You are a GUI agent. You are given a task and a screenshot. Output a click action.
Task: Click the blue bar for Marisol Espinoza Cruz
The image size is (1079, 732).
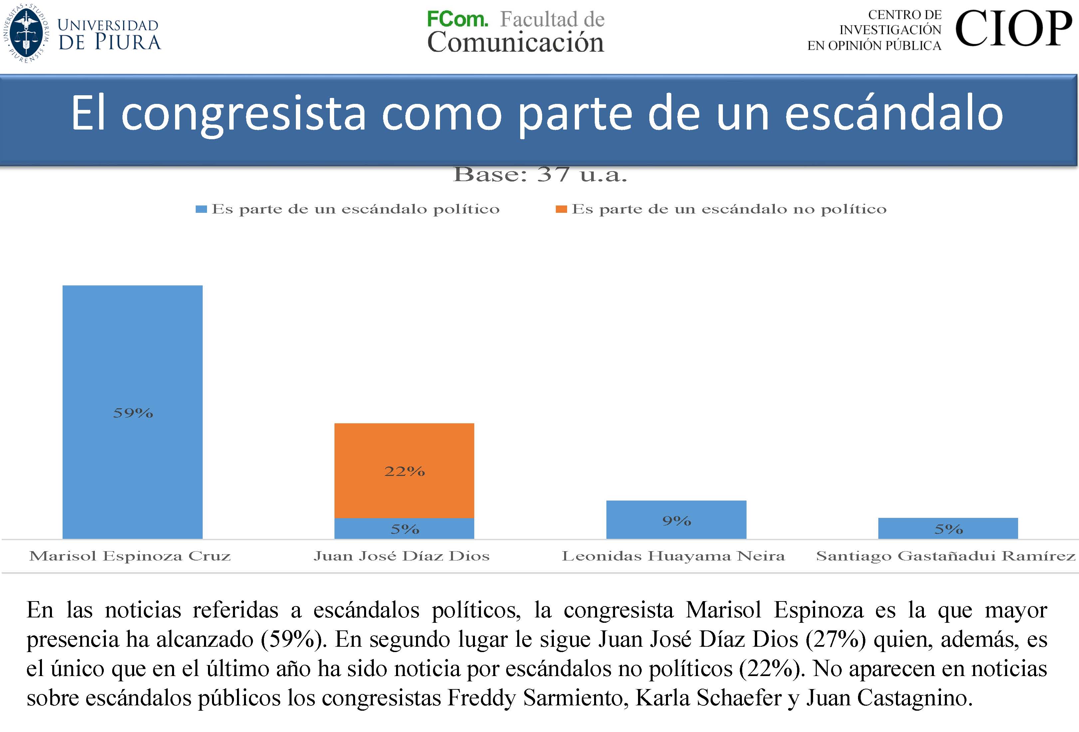click(x=132, y=353)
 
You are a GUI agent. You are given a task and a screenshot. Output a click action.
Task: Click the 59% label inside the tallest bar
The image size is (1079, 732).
click(x=133, y=413)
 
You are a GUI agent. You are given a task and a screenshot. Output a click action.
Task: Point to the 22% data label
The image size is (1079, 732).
click(x=404, y=472)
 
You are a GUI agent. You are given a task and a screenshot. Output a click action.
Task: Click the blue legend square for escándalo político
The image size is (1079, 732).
click(x=201, y=209)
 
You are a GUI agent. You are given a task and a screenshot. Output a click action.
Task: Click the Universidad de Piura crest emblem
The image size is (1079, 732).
click(x=27, y=33)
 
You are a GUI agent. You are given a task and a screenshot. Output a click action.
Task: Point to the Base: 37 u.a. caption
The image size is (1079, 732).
click(x=539, y=175)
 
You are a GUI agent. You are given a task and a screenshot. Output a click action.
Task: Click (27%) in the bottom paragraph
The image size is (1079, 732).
click(x=835, y=639)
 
